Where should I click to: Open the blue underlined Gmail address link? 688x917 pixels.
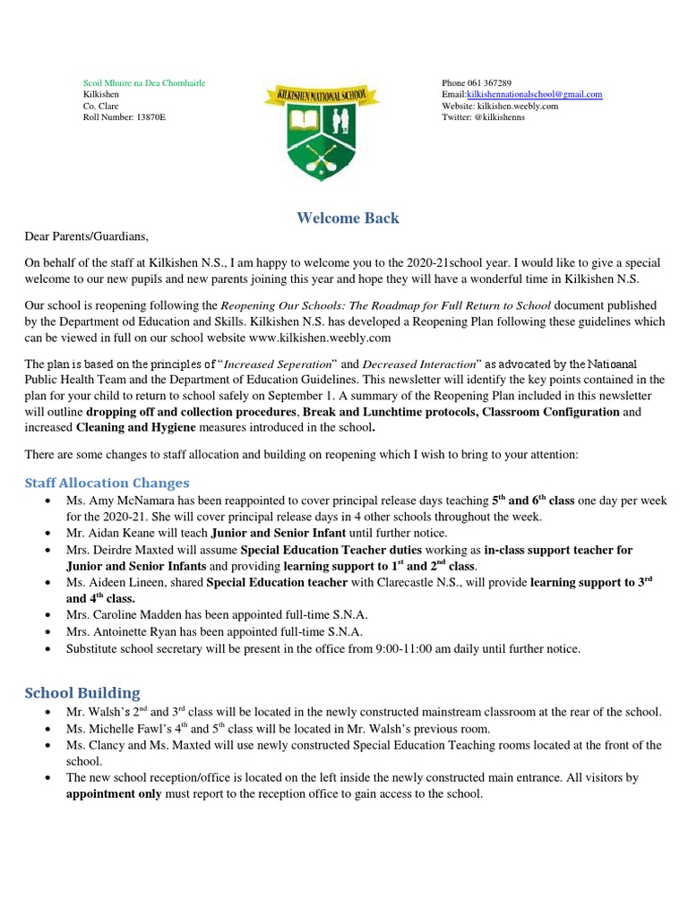pyautogui.click(x=534, y=94)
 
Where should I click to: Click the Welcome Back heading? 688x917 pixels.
pyautogui.click(x=348, y=218)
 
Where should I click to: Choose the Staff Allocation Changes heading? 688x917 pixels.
pyautogui.click(x=107, y=483)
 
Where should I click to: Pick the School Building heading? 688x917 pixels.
pyautogui.click(x=82, y=692)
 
